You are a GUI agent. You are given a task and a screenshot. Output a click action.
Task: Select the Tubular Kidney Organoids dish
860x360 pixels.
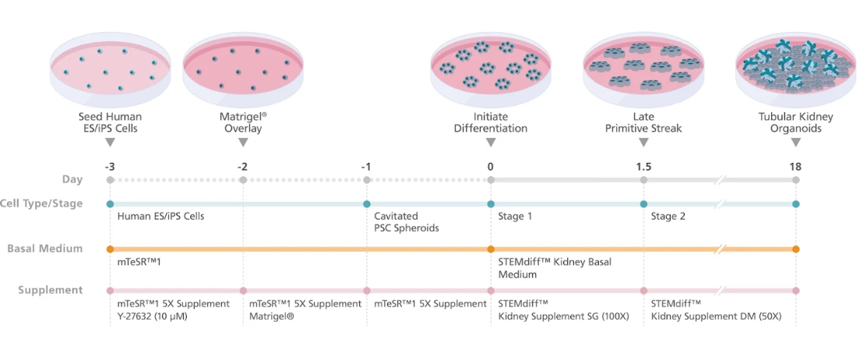[x=796, y=69]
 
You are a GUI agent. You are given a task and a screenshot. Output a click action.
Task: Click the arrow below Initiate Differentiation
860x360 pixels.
[x=491, y=142]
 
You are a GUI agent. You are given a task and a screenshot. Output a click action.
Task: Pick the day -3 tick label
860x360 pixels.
[x=111, y=166]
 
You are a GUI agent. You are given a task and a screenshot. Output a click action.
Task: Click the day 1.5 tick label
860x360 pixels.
[x=643, y=166]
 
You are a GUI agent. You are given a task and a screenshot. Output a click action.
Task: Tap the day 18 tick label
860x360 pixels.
[x=796, y=166]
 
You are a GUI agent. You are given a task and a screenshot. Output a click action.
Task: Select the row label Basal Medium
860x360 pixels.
[x=45, y=249]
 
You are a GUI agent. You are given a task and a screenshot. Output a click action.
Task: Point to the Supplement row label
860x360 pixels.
[x=51, y=291]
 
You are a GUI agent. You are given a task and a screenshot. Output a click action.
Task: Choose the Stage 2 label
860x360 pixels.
[x=668, y=216]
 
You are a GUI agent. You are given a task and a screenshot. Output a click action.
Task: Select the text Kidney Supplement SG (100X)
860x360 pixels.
[x=564, y=316]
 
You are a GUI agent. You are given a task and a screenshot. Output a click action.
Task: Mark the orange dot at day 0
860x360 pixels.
[x=491, y=249]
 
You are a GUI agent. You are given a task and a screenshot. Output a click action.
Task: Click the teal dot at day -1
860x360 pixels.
[x=367, y=203]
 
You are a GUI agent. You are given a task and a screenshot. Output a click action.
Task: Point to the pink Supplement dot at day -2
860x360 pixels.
[x=243, y=291]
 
